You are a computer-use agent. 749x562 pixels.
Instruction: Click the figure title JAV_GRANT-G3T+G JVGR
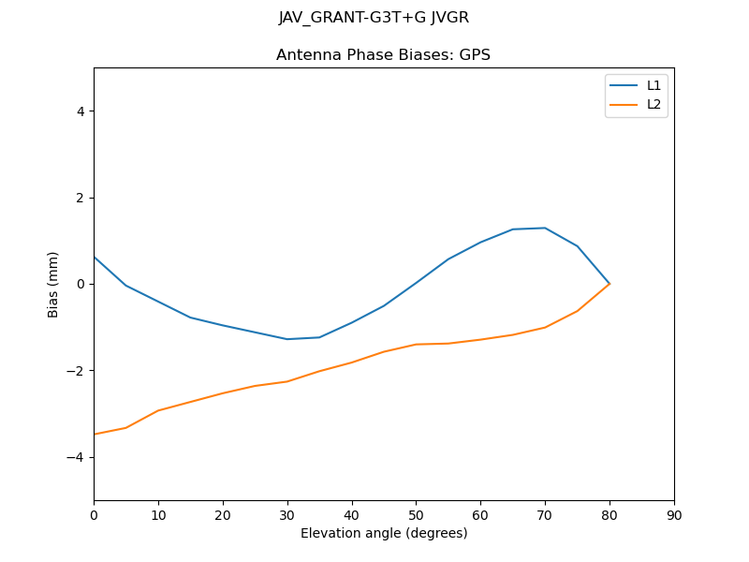pos(374,18)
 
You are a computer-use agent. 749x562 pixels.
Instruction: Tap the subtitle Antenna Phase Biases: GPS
pos(383,55)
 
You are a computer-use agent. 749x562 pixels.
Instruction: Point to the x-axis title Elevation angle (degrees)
pos(384,534)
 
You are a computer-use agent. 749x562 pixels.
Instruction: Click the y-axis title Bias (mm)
pos(53,284)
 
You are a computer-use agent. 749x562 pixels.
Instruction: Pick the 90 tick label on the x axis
pos(674,514)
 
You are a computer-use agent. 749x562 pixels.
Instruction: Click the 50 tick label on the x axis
pos(416,514)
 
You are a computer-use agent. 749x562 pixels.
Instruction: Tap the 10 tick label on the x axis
pos(158,514)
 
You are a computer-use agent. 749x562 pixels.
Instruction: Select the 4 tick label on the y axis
pos(81,111)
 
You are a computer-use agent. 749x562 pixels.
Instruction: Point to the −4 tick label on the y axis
pos(76,457)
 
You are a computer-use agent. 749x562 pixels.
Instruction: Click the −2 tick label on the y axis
pos(76,371)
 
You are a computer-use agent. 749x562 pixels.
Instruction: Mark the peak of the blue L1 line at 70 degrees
pos(545,228)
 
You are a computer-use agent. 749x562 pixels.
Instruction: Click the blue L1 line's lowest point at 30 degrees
pos(287,339)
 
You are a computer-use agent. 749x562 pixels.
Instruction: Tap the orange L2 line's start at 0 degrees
pos(95,434)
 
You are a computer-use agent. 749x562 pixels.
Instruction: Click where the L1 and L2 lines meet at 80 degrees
pos(609,284)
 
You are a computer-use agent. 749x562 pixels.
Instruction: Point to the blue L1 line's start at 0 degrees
pos(95,257)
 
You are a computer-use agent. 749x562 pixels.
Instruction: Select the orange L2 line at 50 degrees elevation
pos(416,344)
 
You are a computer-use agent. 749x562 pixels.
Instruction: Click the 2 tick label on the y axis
pos(81,198)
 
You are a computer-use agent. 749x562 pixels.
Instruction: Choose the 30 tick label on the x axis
pos(287,514)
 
